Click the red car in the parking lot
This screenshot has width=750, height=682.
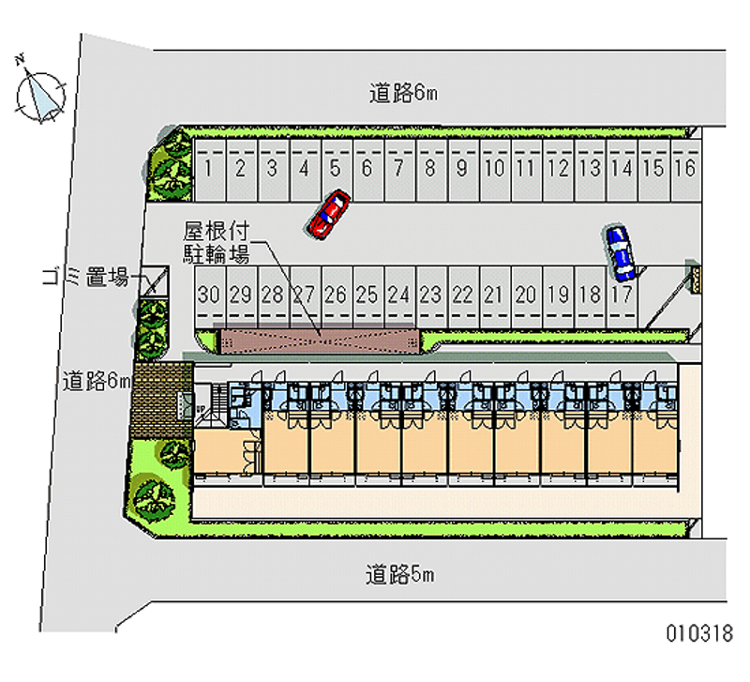(328, 213)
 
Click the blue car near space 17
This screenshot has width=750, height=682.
(620, 252)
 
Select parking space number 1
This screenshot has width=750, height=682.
(208, 170)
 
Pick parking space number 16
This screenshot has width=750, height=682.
(684, 170)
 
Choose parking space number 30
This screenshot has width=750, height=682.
(209, 295)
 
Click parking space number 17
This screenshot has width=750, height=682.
(621, 295)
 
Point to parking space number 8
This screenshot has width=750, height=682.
(430, 170)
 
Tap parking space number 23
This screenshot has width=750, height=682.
(430, 295)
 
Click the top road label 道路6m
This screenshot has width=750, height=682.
(402, 93)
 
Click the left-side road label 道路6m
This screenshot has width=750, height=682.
(96, 381)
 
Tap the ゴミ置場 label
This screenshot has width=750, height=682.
(85, 277)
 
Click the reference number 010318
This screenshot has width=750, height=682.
(698, 633)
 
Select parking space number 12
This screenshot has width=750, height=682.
(557, 170)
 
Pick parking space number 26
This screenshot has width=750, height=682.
(336, 295)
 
